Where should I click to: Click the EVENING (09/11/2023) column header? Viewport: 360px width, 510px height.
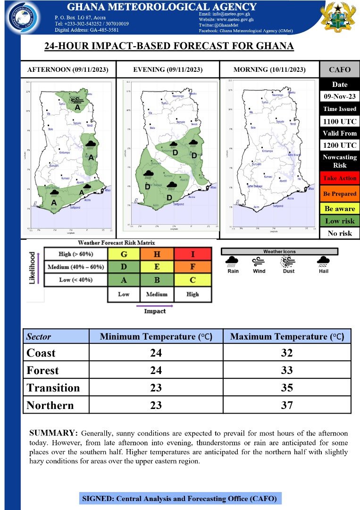tap(167, 70)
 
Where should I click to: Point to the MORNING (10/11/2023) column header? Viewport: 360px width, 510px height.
tap(269, 70)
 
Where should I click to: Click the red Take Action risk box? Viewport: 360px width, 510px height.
tap(340, 178)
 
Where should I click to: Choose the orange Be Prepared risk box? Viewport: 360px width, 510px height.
tap(340, 194)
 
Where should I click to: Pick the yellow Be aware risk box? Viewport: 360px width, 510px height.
tap(340, 208)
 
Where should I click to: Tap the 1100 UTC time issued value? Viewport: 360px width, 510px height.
tap(340, 121)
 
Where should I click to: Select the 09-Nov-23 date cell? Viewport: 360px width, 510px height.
tap(340, 96)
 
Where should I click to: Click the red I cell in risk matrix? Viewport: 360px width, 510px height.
tap(193, 254)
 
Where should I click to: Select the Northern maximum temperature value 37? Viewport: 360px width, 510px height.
tap(287, 405)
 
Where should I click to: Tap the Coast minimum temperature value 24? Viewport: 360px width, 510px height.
tap(156, 353)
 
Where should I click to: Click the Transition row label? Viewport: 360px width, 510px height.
tap(53, 388)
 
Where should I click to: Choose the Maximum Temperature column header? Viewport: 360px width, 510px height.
tap(287, 337)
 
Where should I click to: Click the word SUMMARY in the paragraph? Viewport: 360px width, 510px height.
tap(53, 433)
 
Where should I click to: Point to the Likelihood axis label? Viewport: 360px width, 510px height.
tap(33, 268)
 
